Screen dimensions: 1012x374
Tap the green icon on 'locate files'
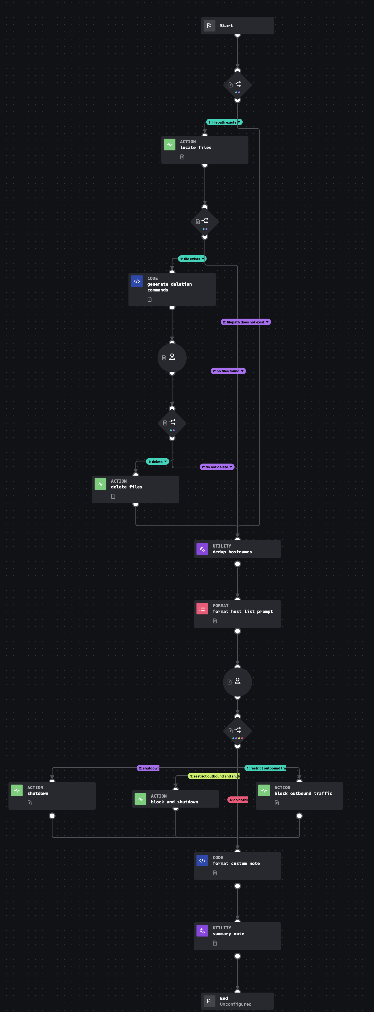click(169, 145)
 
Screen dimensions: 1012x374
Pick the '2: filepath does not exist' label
click(244, 322)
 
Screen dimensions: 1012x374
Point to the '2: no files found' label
click(227, 371)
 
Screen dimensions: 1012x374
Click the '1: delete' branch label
click(156, 462)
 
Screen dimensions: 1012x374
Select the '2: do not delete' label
click(215, 467)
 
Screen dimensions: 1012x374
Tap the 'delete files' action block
click(135, 489)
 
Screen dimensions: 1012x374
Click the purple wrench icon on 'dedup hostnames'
click(202, 549)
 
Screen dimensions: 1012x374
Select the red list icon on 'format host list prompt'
click(202, 609)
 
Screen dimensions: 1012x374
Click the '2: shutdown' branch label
click(149, 768)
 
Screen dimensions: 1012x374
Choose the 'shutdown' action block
click(52, 796)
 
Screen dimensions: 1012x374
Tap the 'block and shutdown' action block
click(175, 799)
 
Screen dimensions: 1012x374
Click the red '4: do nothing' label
click(238, 800)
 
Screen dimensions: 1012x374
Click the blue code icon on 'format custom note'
click(202, 861)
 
